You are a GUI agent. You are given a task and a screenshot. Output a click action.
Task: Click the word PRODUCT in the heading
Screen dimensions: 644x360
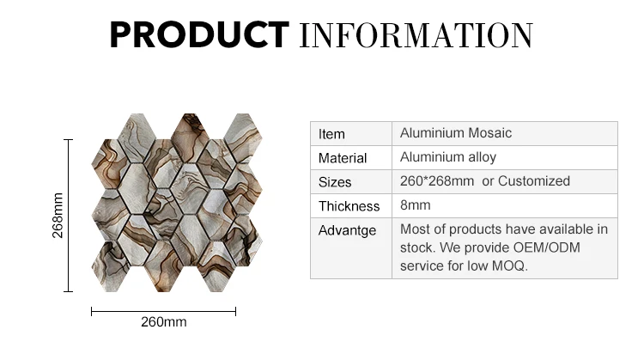199,35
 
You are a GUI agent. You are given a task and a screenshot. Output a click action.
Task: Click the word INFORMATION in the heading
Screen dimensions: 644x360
416,36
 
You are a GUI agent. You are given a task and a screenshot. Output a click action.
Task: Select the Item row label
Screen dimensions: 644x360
331,134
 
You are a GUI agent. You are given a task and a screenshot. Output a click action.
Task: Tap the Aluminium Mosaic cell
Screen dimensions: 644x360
456,133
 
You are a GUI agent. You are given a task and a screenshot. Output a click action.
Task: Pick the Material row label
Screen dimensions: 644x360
343,158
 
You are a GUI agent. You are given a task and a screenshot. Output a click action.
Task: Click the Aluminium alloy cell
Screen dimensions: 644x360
448,157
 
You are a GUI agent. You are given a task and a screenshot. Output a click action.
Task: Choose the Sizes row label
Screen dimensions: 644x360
335,182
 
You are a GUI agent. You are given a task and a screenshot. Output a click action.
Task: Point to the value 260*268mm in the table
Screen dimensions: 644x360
437,181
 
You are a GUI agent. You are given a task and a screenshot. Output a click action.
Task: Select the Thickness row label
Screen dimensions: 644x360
349,206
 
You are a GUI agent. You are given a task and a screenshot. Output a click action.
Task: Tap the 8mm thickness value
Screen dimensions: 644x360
416,205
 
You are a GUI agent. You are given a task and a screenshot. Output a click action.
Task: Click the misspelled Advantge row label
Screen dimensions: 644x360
347,230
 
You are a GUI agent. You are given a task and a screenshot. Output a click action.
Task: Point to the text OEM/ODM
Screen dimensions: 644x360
547,247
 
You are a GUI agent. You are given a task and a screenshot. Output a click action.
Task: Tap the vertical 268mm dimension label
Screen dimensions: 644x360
58,216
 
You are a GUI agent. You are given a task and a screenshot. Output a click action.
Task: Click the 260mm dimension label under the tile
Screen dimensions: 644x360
164,322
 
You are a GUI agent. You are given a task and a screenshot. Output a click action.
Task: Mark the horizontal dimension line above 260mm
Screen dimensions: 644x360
163,312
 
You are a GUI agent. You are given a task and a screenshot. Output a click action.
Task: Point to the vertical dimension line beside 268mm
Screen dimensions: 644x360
69,216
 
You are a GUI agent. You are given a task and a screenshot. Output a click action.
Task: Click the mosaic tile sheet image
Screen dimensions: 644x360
177,203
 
